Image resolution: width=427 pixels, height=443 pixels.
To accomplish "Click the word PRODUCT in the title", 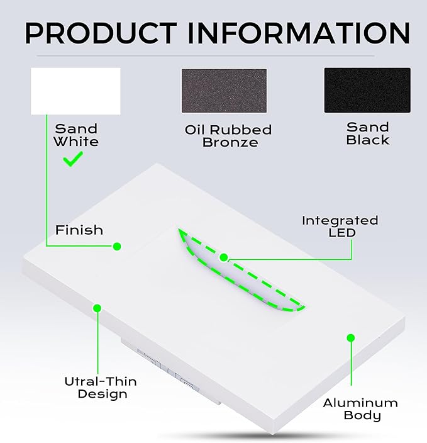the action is (x=101, y=33).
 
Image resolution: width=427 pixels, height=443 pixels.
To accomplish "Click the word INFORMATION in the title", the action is (x=299, y=33).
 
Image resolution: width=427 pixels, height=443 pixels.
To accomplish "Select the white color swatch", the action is (x=75, y=91).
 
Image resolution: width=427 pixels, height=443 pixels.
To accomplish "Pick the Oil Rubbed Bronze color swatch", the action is (x=224, y=91).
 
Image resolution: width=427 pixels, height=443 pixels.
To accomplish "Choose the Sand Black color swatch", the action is (x=367, y=90).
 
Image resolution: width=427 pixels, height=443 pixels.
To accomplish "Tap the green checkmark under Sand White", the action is (x=73, y=159).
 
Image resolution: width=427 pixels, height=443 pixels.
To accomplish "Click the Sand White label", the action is (x=76, y=135).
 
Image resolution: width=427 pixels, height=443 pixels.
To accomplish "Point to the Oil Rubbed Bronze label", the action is (x=228, y=136).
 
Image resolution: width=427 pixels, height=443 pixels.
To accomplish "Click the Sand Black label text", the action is (x=368, y=133).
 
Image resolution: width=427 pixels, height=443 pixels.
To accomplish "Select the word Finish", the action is (x=79, y=230).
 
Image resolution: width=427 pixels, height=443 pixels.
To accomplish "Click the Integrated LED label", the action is (x=340, y=227).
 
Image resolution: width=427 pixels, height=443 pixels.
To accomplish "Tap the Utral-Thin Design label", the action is (x=101, y=388).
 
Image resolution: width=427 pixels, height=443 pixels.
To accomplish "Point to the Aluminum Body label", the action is (x=360, y=409).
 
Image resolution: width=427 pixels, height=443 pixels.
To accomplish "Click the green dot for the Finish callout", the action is (x=117, y=247).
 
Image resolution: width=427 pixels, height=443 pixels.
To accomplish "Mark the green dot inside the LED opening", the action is (x=224, y=257).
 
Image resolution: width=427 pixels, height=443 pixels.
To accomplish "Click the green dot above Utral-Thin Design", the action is (x=97, y=308).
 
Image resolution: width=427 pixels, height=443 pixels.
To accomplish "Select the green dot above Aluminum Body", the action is (x=351, y=338).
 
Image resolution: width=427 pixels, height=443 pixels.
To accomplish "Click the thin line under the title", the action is (x=206, y=56).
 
